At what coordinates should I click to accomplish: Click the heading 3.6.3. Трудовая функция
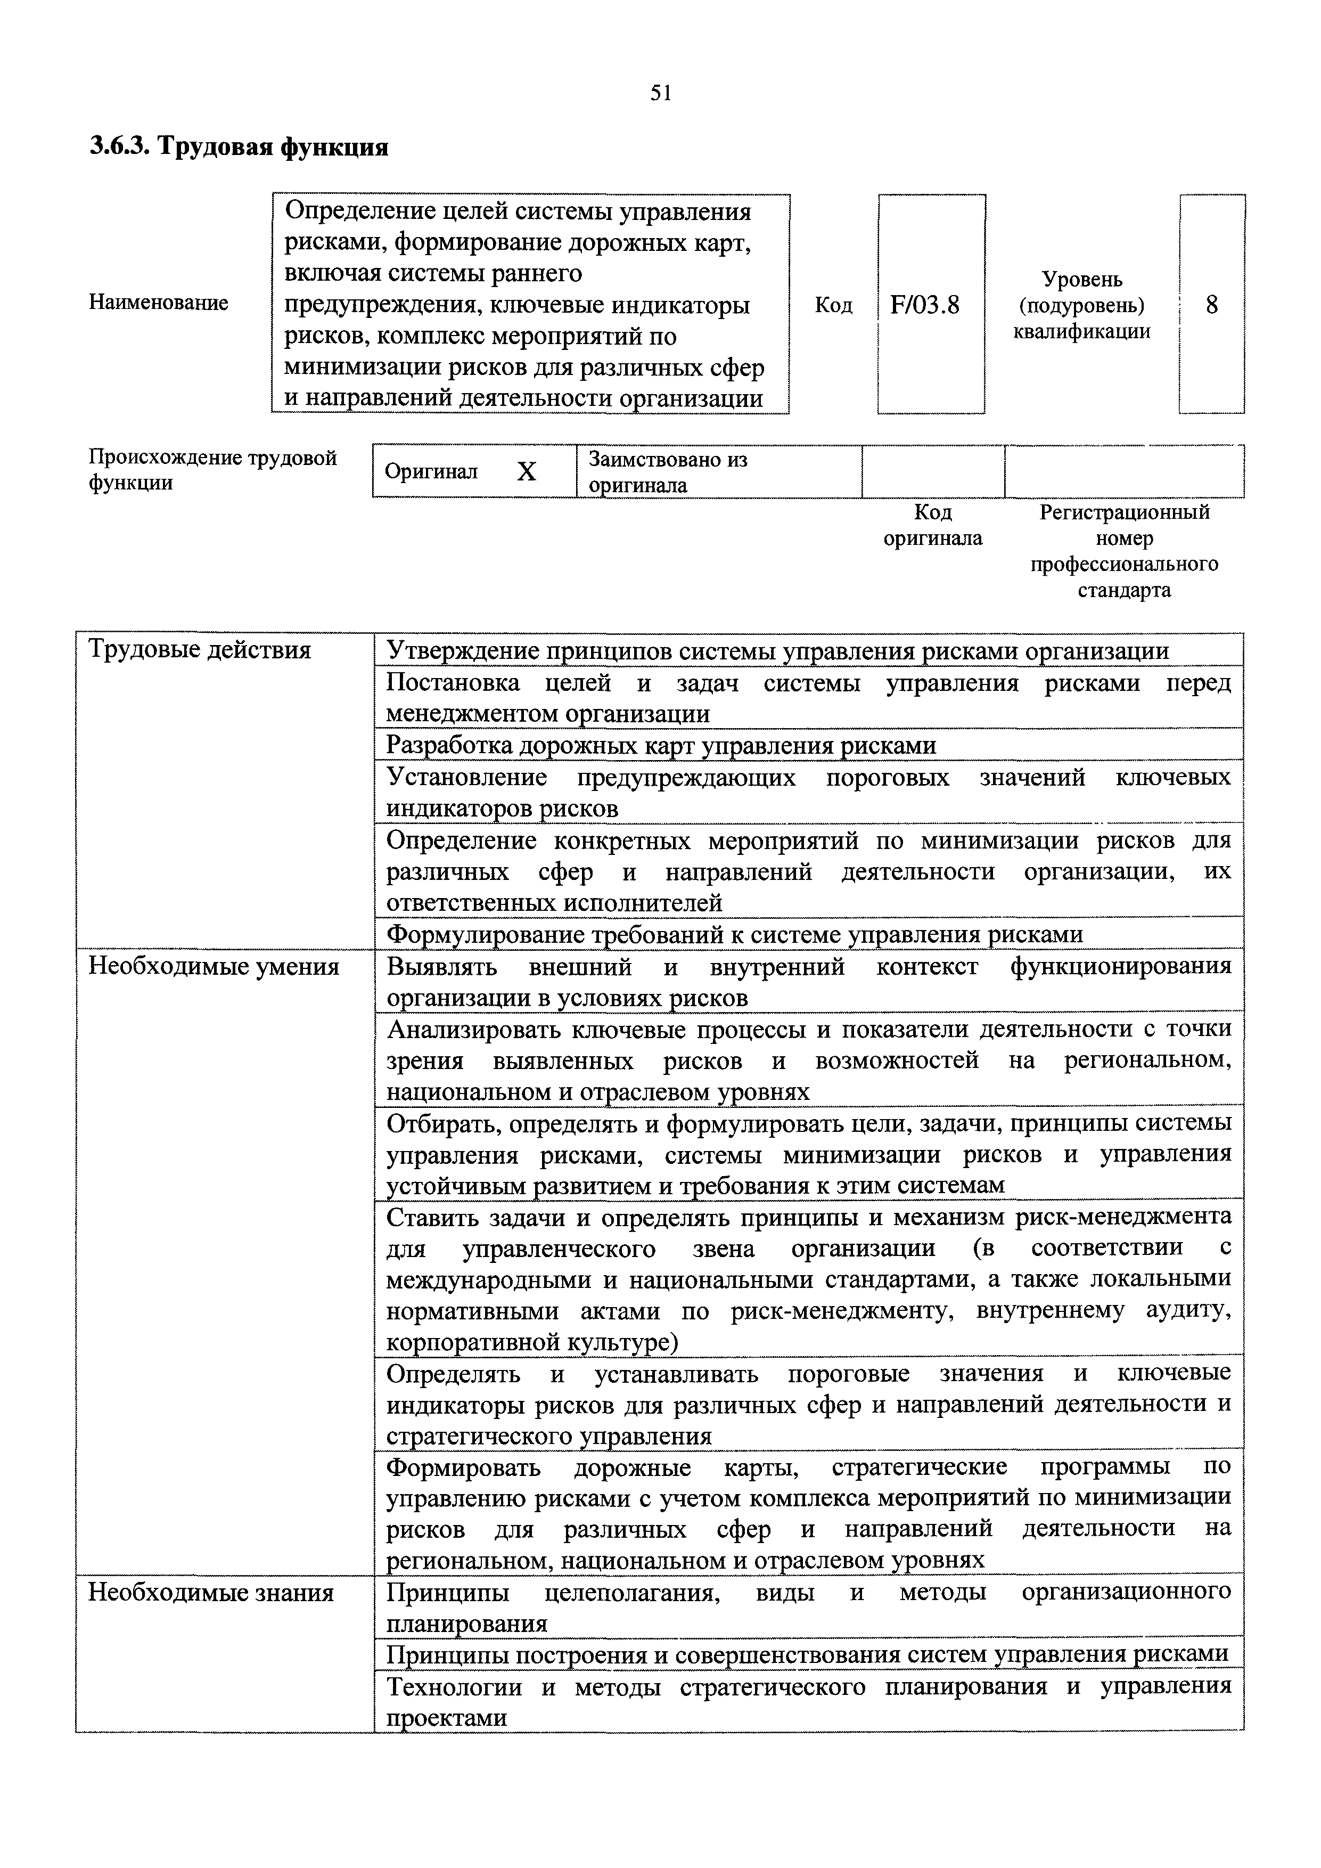tap(239, 147)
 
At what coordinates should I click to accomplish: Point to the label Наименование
tap(158, 303)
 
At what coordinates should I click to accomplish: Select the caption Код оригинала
tap(932, 525)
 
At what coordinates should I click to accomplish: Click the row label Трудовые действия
tap(199, 650)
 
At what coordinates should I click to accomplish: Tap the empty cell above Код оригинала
tap(932, 471)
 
